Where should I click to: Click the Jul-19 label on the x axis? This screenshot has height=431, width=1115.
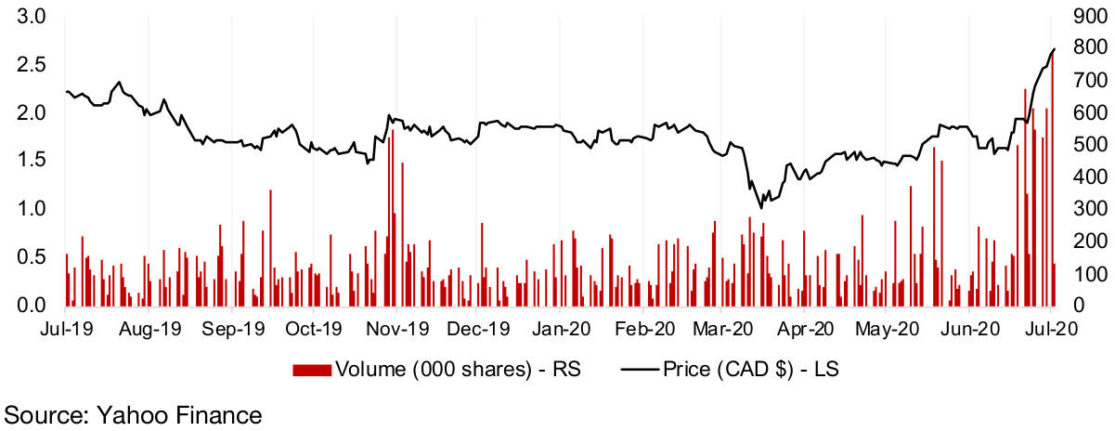pos(64,328)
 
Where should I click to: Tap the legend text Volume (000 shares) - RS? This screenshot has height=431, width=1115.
pos(458,370)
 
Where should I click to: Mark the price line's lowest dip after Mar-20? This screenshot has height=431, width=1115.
pos(761,207)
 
